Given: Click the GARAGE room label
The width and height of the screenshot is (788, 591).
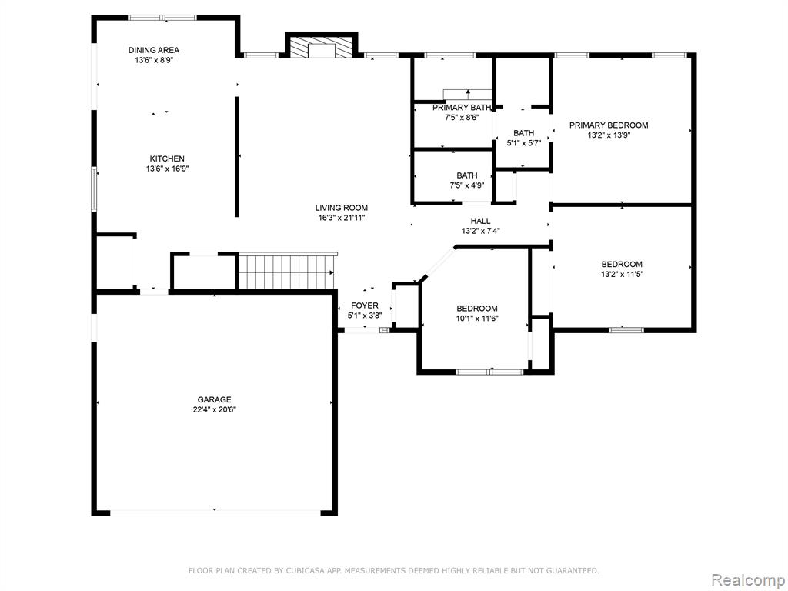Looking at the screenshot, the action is (x=214, y=399).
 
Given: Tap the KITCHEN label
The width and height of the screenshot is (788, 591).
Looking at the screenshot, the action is (x=167, y=159).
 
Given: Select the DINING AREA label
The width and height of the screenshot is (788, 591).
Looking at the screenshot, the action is (x=154, y=50).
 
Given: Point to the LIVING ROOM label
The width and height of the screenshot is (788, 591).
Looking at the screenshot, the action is (x=341, y=208).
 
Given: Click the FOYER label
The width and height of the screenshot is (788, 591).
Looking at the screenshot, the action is (x=365, y=306).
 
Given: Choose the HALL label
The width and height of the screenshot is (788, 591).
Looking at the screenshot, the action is (x=480, y=221).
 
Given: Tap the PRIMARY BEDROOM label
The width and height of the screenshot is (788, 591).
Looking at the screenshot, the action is (x=609, y=125).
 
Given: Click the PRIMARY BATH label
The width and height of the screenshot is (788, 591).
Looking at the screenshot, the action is (x=462, y=108).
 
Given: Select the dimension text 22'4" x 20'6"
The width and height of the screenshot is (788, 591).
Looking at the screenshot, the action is (x=214, y=409).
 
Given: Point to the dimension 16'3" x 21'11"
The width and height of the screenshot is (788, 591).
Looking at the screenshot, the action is (x=341, y=218).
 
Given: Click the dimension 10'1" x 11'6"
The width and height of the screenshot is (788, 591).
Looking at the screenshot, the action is (x=477, y=318).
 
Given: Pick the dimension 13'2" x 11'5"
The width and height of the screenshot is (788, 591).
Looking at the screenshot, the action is (x=622, y=275).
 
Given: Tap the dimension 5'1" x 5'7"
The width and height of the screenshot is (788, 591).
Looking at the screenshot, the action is (x=523, y=143).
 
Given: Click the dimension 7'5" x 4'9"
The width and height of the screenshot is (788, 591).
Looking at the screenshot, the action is (x=467, y=185).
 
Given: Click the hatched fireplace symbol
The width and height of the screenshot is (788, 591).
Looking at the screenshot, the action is (x=321, y=48).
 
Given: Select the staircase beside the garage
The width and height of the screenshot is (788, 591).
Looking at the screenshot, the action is (x=285, y=272).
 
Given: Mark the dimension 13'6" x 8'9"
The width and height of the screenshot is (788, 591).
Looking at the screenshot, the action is (x=154, y=60).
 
